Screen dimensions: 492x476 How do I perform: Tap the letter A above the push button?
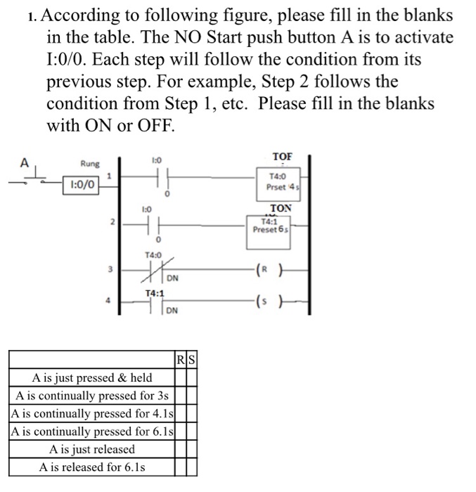click(24, 163)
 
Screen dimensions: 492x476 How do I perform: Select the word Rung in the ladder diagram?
click(90, 164)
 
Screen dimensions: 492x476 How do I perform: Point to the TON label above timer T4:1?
click(281, 209)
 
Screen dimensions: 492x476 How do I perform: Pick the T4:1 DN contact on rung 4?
click(154, 303)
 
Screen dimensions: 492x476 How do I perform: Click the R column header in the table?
click(181, 362)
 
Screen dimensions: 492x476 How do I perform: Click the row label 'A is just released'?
click(92, 449)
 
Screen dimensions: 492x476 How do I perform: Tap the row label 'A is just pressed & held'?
click(92, 377)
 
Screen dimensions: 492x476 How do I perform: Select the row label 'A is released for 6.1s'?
click(92, 467)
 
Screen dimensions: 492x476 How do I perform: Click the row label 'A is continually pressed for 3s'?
click(92, 395)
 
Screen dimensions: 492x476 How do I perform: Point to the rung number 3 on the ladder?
click(110, 268)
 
